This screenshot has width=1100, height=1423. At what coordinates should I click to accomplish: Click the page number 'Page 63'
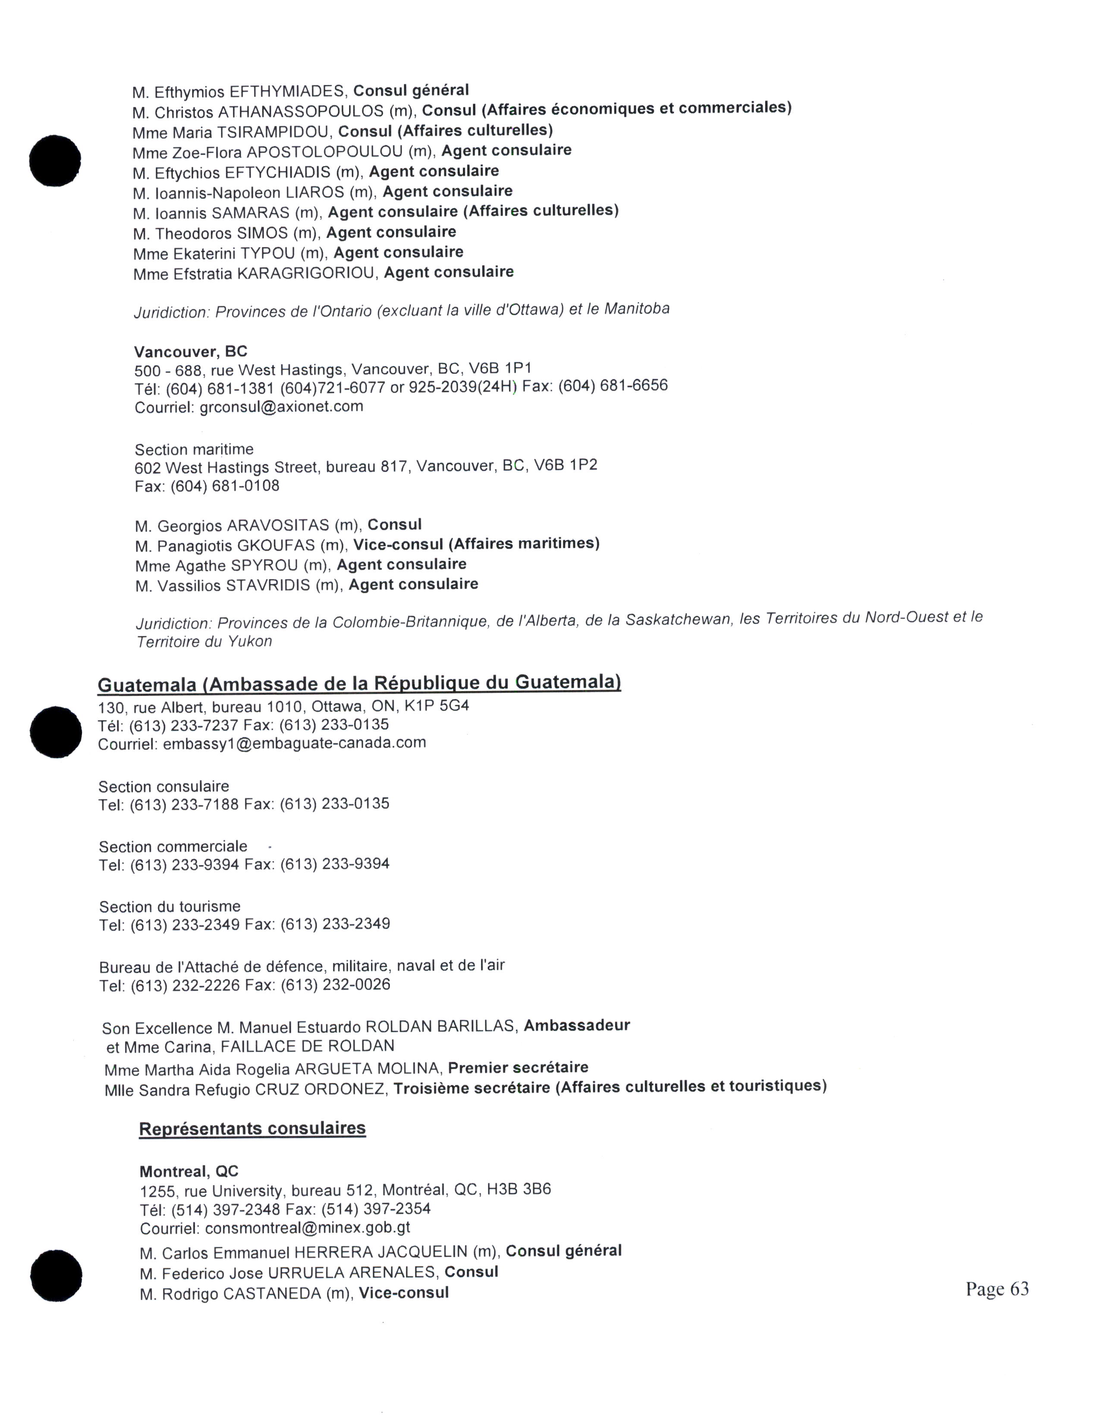pyautogui.click(x=996, y=1289)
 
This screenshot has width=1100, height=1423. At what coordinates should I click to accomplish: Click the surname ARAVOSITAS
pyautogui.click(x=278, y=526)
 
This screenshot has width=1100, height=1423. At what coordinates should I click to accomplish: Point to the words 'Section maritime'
pyautogui.click(x=194, y=450)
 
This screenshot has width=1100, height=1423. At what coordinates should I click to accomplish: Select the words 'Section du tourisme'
pyautogui.click(x=170, y=907)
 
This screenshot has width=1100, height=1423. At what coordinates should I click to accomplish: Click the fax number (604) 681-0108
pyautogui.click(x=225, y=486)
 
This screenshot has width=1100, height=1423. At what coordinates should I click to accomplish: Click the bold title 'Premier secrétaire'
pyautogui.click(x=518, y=1067)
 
